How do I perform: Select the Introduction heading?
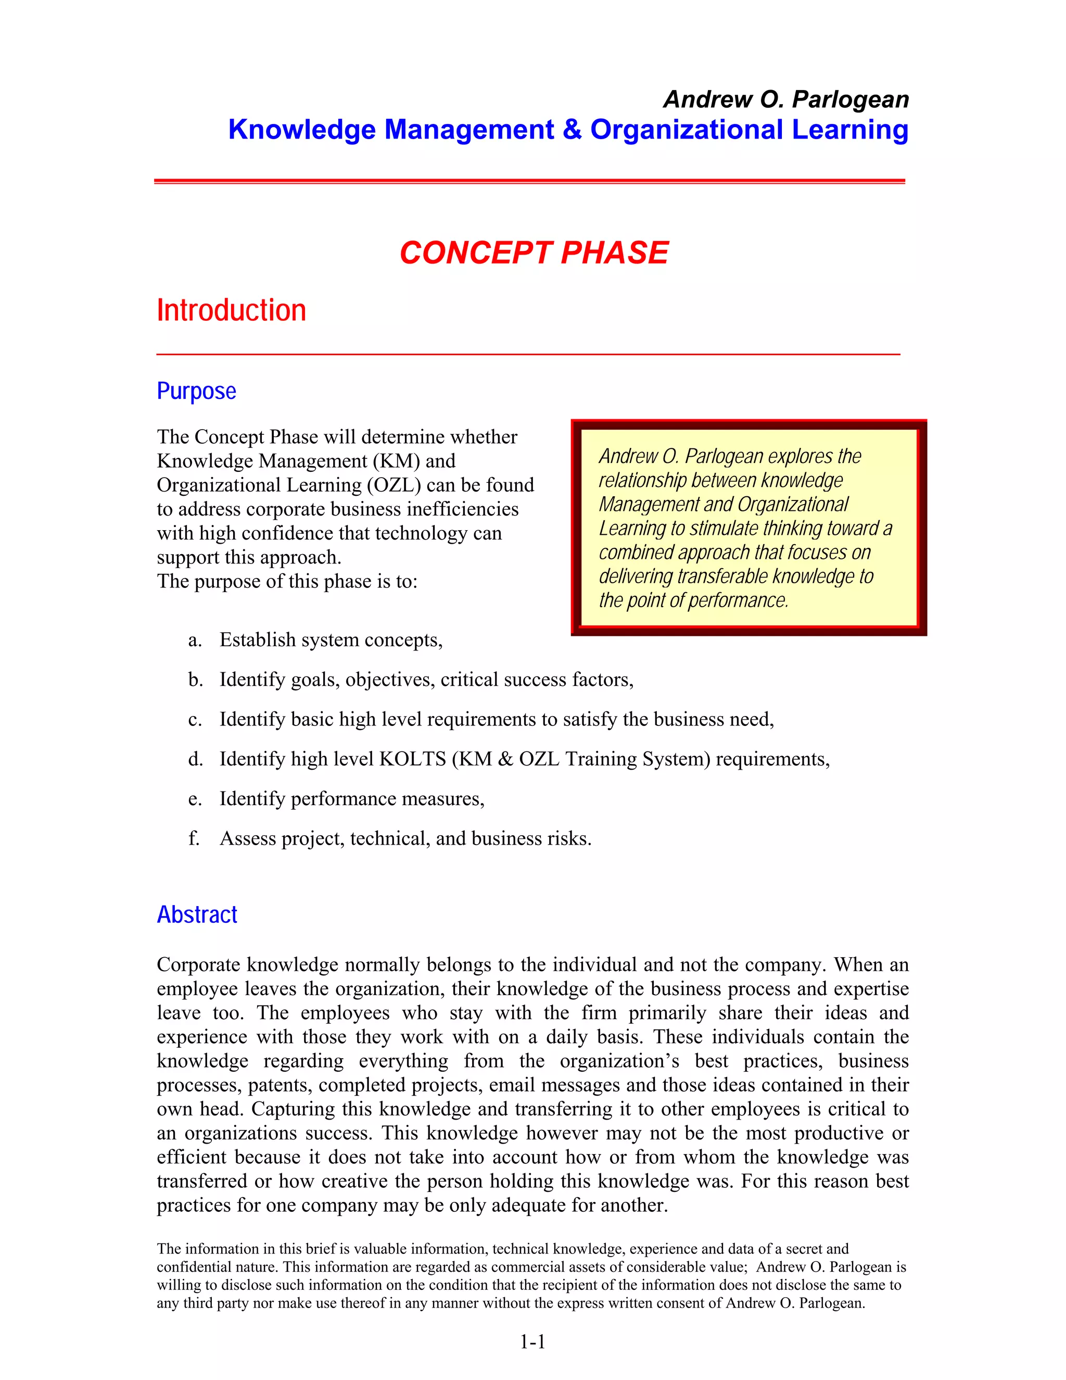[x=231, y=311]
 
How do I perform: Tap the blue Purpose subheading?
[x=196, y=391]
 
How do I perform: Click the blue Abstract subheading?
[x=197, y=914]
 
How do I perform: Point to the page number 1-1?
[x=532, y=1341]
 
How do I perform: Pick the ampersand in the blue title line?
[x=572, y=130]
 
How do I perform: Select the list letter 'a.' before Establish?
[x=195, y=640]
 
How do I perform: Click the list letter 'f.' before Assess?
[x=194, y=838]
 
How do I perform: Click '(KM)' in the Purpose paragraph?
[x=397, y=461]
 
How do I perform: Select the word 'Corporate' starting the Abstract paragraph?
[x=199, y=965]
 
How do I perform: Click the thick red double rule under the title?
[x=529, y=181]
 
